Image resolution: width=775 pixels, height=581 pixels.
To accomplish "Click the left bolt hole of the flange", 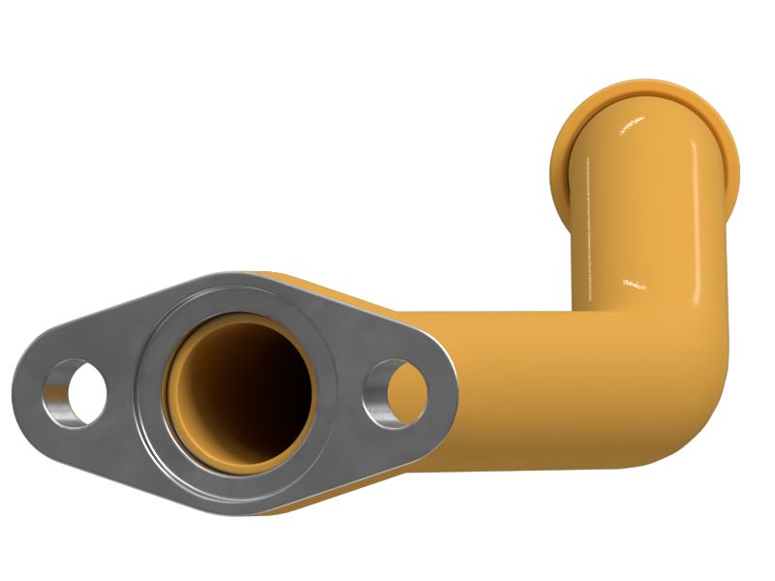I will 75,395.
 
